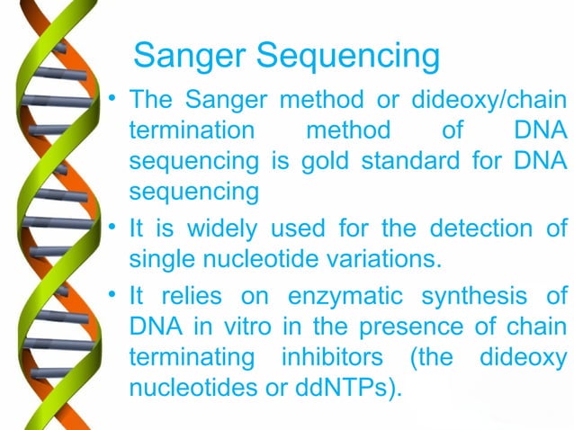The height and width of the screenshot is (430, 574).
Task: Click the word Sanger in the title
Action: [189, 57]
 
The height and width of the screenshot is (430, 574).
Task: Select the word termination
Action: [193, 131]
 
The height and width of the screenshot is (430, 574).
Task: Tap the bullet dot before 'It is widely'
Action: [112, 227]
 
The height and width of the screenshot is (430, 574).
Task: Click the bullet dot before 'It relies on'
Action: [112, 293]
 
